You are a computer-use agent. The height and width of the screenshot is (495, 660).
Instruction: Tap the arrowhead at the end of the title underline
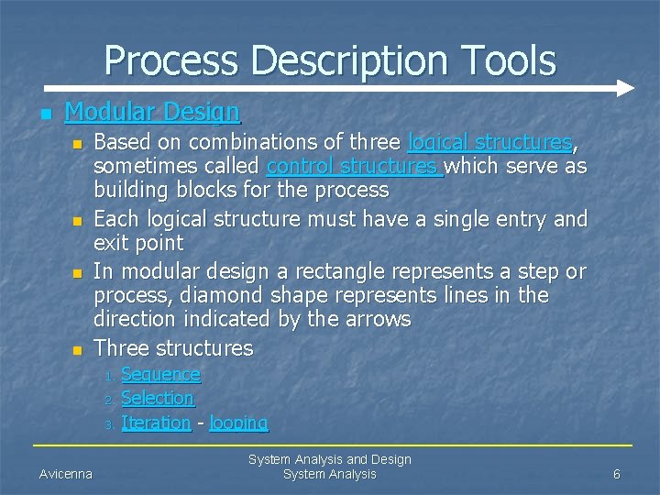point(625,89)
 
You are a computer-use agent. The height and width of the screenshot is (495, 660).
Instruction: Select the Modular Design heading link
point(152,112)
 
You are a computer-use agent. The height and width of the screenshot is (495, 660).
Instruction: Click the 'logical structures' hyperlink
point(489,143)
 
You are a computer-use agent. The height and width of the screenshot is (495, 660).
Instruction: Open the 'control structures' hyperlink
point(354,167)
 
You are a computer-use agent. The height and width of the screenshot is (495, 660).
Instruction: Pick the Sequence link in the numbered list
point(160,374)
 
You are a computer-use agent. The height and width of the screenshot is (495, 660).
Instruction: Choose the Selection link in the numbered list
point(158,398)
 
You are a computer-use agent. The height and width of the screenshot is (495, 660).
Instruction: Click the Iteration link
point(156,423)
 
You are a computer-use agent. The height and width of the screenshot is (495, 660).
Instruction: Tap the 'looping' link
point(238,423)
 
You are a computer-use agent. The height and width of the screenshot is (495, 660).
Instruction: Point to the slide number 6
point(617,474)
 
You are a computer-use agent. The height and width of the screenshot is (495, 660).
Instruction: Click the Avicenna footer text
point(66,474)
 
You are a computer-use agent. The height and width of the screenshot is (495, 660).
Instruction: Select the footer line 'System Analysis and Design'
point(330,459)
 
